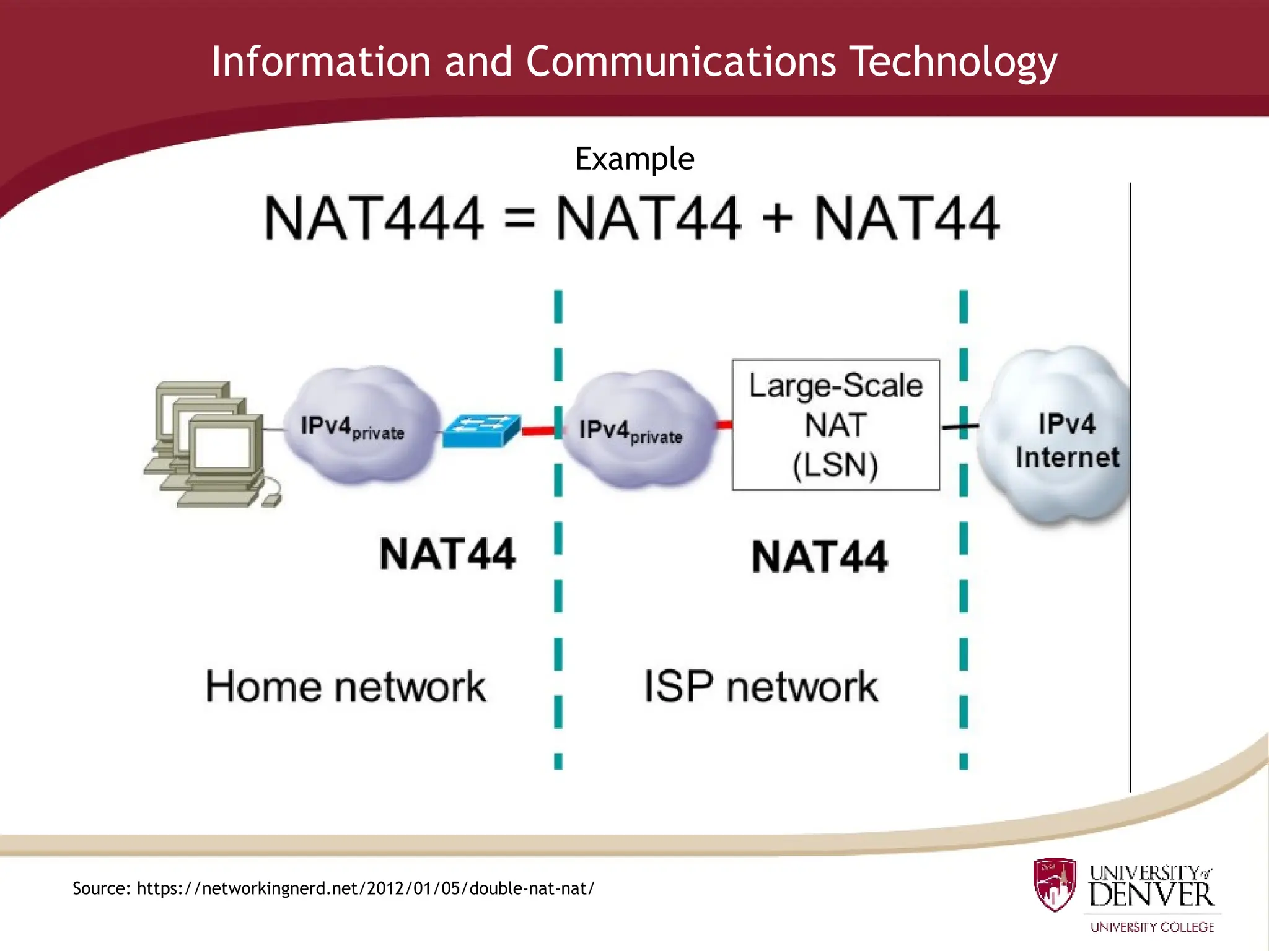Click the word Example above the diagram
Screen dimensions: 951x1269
(x=634, y=159)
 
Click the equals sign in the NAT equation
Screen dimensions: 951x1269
(x=519, y=219)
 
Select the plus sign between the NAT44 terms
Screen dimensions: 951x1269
(x=777, y=219)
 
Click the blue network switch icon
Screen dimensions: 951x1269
(x=481, y=429)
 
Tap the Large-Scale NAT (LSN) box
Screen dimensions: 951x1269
(x=835, y=425)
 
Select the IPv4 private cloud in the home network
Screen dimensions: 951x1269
(x=359, y=427)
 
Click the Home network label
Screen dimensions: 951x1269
(x=345, y=687)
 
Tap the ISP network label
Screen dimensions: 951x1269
(x=760, y=687)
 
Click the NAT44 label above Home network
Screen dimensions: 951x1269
(x=447, y=554)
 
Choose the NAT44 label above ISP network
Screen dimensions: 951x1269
(x=819, y=557)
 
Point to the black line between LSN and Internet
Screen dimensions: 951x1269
(x=959, y=427)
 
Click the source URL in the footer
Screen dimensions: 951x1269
(x=366, y=888)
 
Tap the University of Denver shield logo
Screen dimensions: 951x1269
(x=1055, y=884)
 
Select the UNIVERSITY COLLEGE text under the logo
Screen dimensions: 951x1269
(x=1151, y=927)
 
